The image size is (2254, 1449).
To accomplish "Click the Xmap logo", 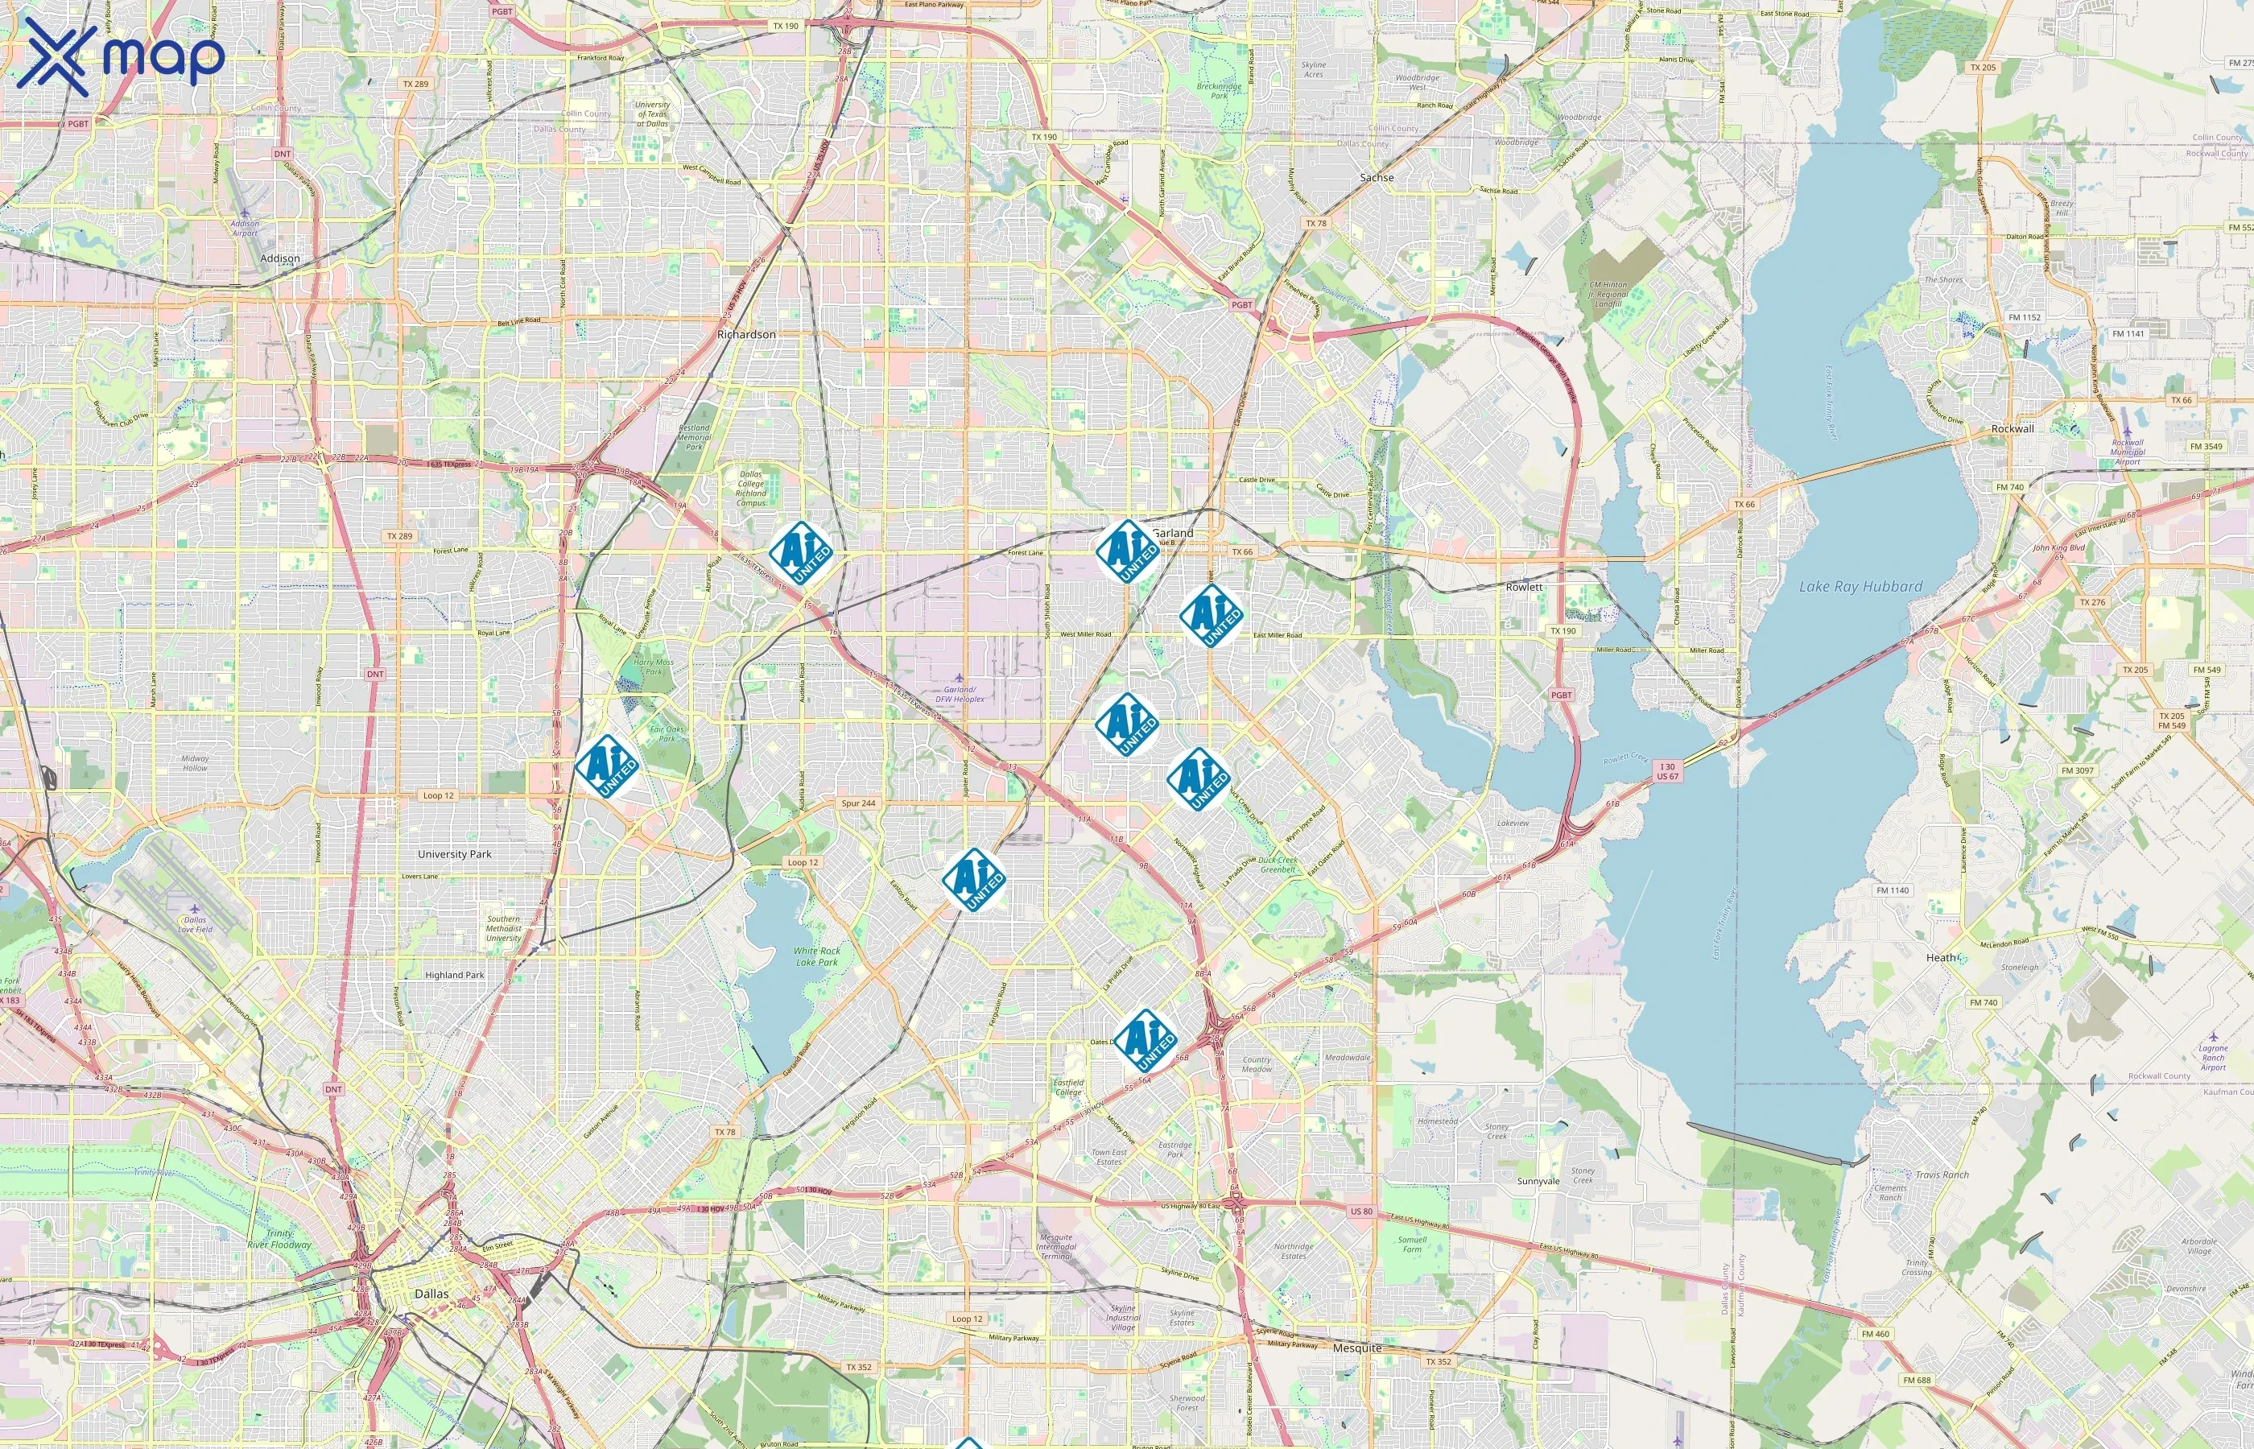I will (x=121, y=56).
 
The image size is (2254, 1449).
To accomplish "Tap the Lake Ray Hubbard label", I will (x=1860, y=586).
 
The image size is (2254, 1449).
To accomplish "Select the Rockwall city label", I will (x=2013, y=428).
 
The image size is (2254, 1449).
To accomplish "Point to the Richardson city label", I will (x=746, y=334).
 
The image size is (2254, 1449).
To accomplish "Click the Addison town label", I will (x=279, y=258).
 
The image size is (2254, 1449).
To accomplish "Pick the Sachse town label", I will (x=1377, y=177).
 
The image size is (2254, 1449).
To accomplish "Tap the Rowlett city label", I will (x=1524, y=586).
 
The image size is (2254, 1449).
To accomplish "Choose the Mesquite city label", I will (x=1357, y=1348).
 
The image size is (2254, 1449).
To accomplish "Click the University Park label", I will (x=454, y=854).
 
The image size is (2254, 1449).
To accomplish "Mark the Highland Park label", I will (x=454, y=975).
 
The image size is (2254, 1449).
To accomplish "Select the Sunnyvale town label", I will (x=1538, y=1181).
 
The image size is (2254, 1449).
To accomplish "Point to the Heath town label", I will (x=1941, y=957).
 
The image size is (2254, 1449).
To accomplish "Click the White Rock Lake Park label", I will (x=816, y=956).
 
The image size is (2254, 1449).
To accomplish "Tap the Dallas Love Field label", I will (x=195, y=924).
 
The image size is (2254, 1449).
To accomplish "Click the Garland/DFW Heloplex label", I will (x=960, y=695).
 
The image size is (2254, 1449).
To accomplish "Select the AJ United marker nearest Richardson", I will (x=800, y=552).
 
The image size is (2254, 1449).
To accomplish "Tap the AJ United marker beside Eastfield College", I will (x=1145, y=1041).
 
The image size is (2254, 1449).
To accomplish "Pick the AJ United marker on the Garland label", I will (x=1126, y=551).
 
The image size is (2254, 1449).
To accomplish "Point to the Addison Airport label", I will (x=245, y=228).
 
